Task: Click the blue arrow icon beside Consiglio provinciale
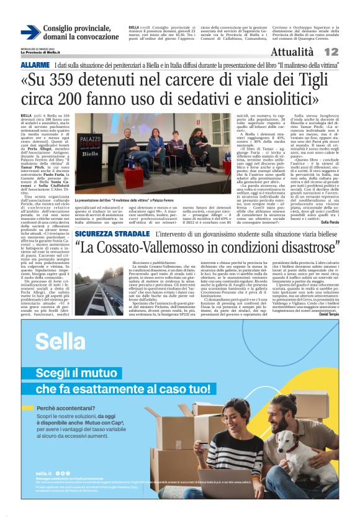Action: tap(30, 33)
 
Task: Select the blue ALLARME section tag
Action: tap(35, 65)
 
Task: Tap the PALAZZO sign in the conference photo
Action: tap(89, 141)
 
